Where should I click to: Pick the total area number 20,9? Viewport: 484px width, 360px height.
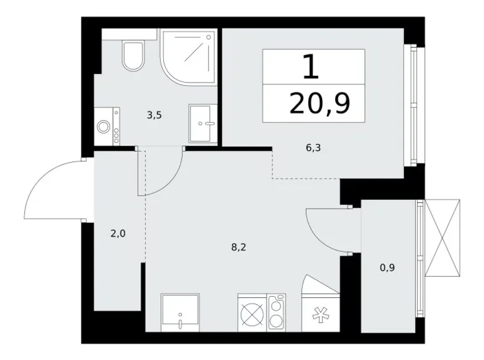(319, 104)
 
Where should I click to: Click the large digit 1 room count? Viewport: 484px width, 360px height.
(311, 66)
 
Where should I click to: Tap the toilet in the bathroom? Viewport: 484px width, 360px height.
(133, 55)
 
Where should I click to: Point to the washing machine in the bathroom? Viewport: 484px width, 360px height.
(106, 126)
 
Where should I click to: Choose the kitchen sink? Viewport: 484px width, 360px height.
(180, 312)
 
